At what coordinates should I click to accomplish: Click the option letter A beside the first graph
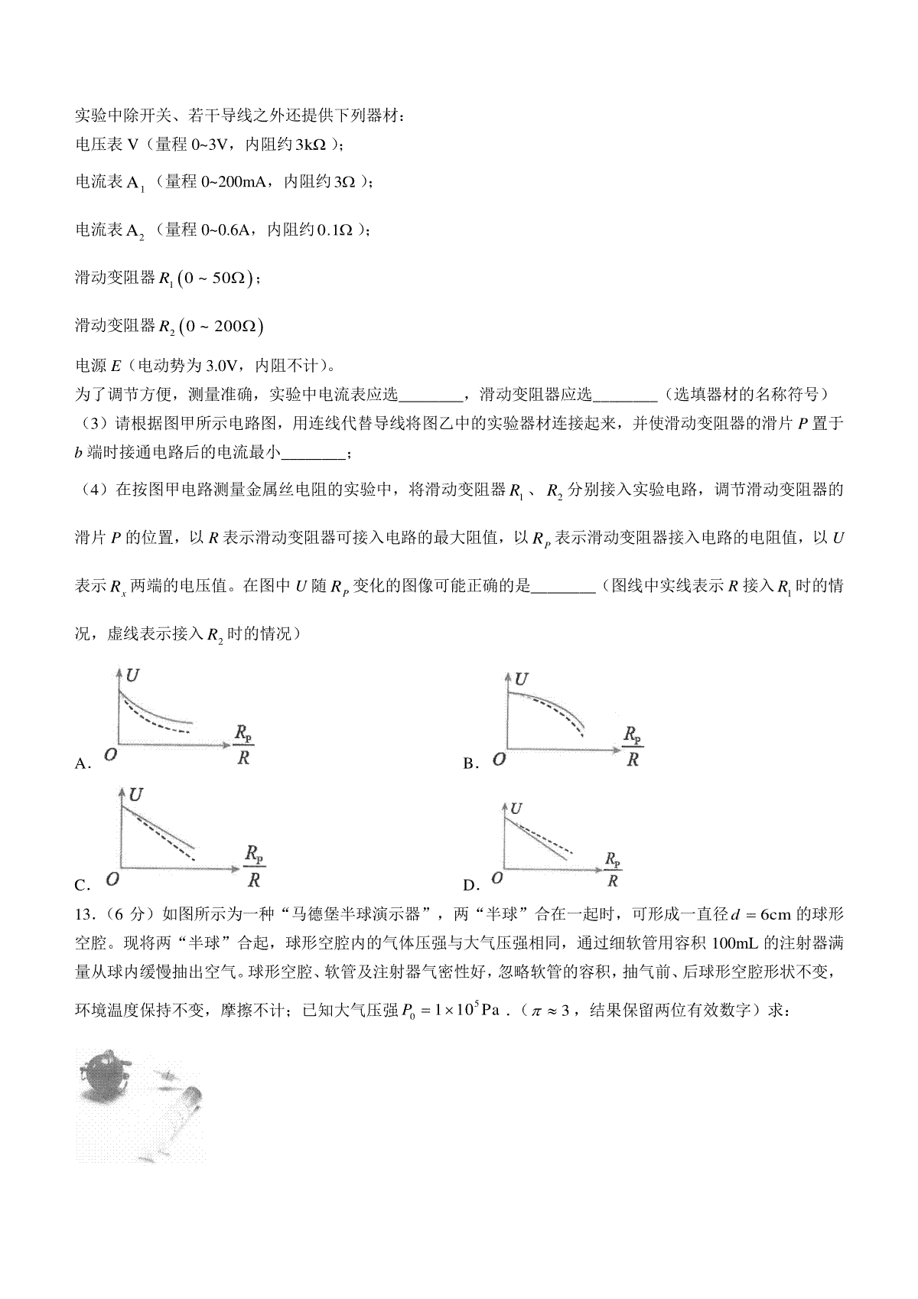pyautogui.click(x=82, y=763)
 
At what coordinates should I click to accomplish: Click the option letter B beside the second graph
pyautogui.click(x=470, y=763)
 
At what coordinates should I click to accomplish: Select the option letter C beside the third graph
pyautogui.click(x=82, y=885)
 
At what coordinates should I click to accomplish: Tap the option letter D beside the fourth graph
pyautogui.click(x=470, y=885)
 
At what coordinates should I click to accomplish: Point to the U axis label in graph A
pyautogui.click(x=133, y=676)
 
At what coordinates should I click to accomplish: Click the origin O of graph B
pyautogui.click(x=499, y=759)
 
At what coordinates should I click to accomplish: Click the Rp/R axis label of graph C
pyautogui.click(x=255, y=865)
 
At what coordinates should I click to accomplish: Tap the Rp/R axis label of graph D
pyautogui.click(x=613, y=869)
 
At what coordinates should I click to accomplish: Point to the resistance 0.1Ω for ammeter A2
pyautogui.click(x=337, y=230)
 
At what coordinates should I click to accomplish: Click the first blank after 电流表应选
pyautogui.click(x=430, y=395)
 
